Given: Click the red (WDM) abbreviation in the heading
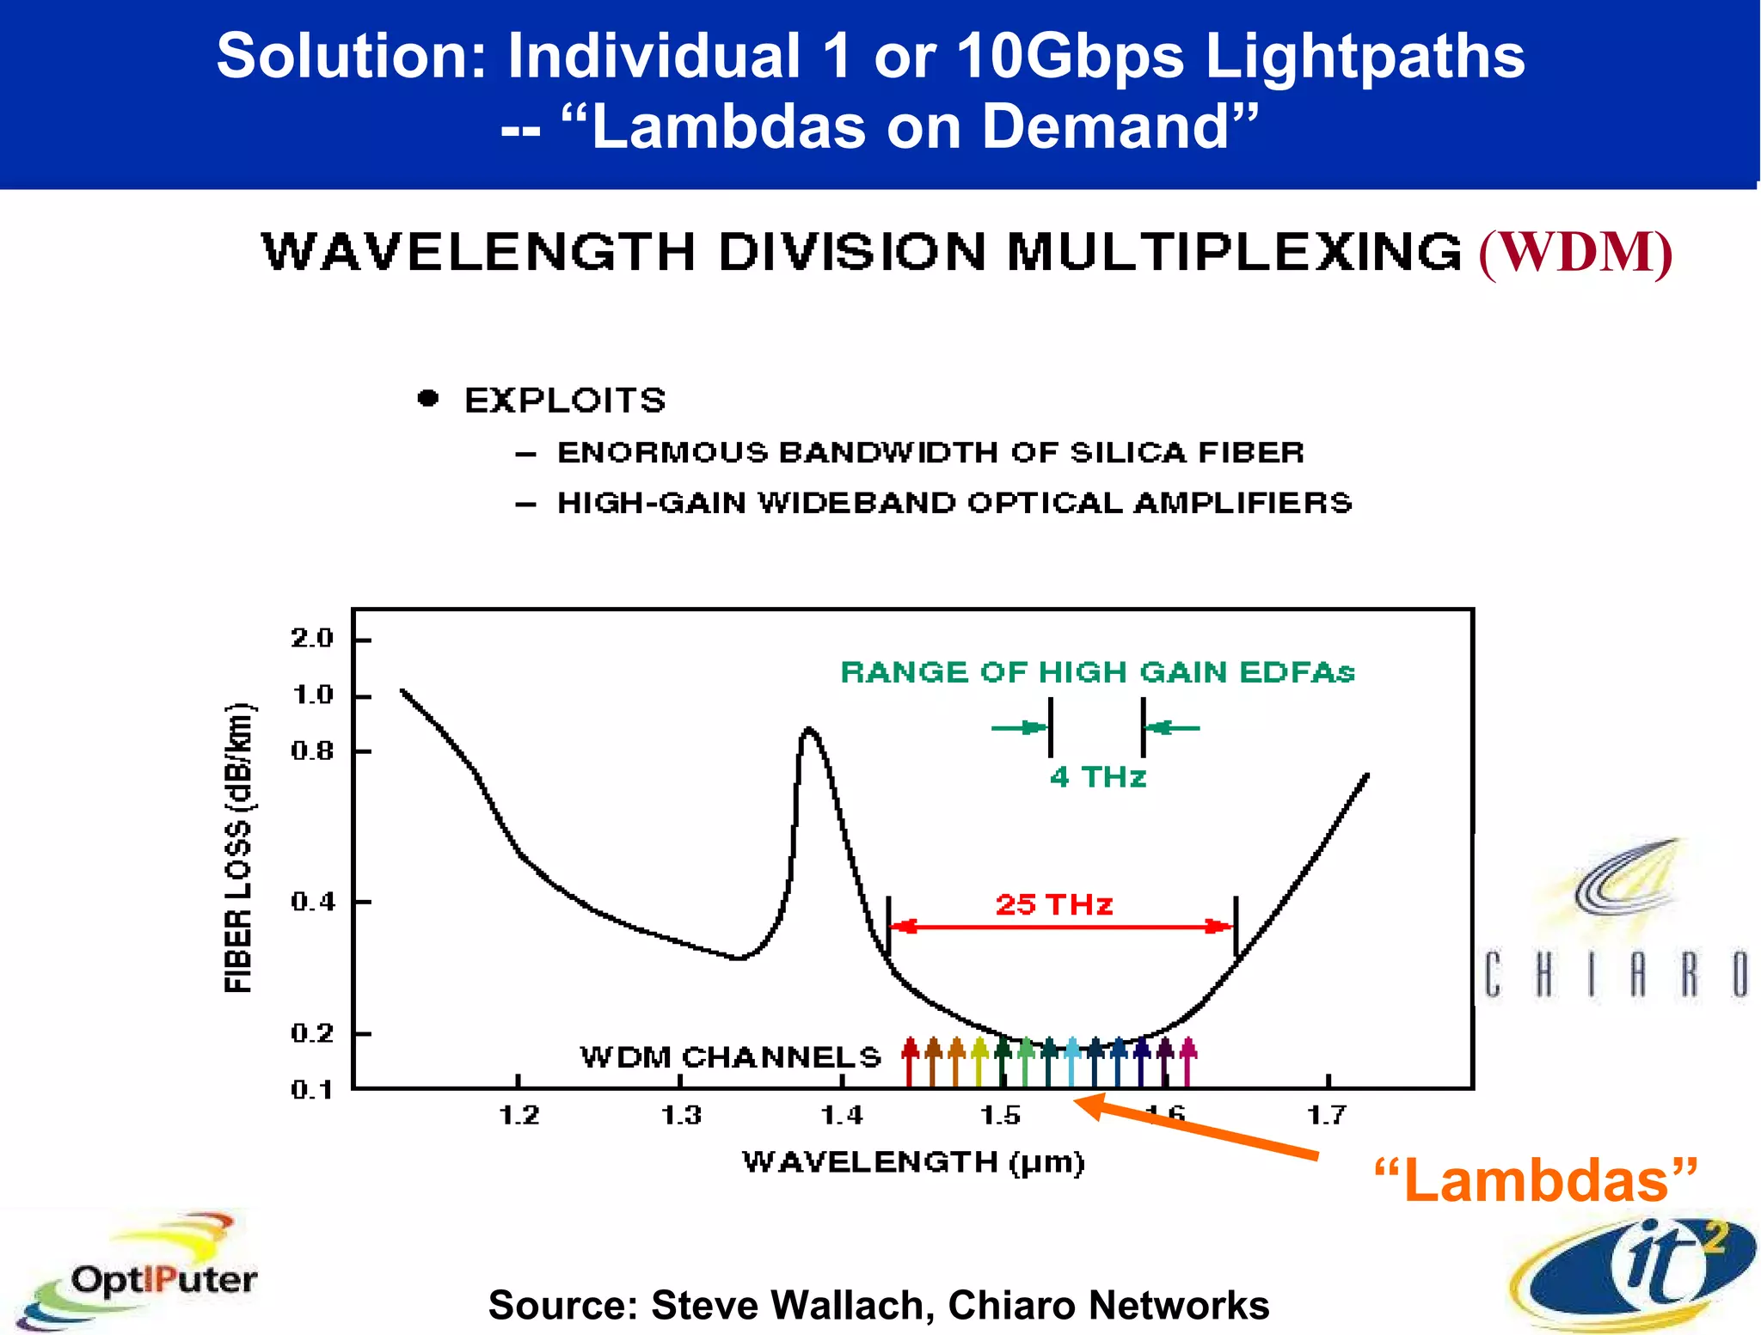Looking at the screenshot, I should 1575,253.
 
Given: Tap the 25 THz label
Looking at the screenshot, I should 1054,904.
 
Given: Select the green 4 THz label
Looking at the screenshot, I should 1098,777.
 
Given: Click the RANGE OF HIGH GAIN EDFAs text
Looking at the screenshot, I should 1097,672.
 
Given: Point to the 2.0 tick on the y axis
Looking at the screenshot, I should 311,639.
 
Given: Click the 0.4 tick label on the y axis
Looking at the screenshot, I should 311,902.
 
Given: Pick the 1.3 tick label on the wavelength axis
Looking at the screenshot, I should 681,1116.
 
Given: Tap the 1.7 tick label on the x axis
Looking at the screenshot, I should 1327,1116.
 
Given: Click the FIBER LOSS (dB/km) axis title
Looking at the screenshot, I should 238,848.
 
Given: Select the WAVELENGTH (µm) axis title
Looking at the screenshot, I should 913,1162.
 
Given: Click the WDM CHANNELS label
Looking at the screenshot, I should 731,1056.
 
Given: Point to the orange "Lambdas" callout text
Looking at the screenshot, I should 1536,1181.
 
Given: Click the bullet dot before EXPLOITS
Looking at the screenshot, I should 428,398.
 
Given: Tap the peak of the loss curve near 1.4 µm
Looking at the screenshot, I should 808,730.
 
